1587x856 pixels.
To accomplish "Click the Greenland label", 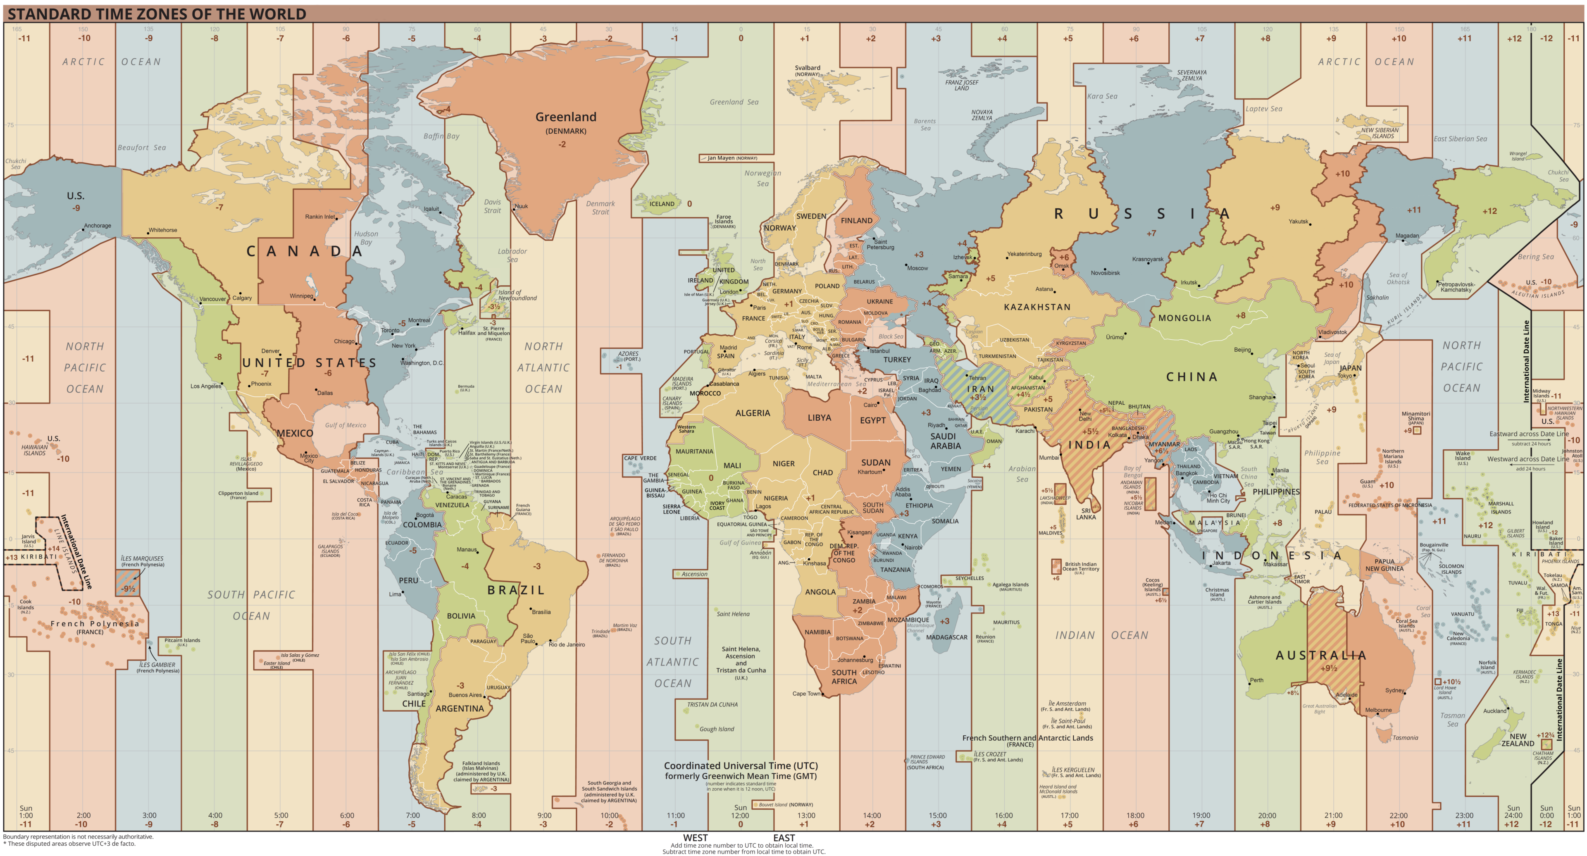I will point(565,117).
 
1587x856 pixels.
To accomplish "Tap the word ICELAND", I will point(662,204).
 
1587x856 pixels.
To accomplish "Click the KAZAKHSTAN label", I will point(1037,307).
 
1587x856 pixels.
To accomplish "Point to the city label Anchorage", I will point(98,226).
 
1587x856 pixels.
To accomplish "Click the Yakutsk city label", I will point(1298,221).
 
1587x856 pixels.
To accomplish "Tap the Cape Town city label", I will point(806,693).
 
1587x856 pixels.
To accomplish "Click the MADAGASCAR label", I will point(946,637).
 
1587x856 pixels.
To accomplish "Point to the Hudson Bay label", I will point(366,238).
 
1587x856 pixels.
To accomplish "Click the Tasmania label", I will point(1405,738).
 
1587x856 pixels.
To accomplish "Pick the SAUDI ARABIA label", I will point(945,441).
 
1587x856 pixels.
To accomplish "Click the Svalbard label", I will point(807,68).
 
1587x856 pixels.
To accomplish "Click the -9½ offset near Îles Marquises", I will point(128,589).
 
